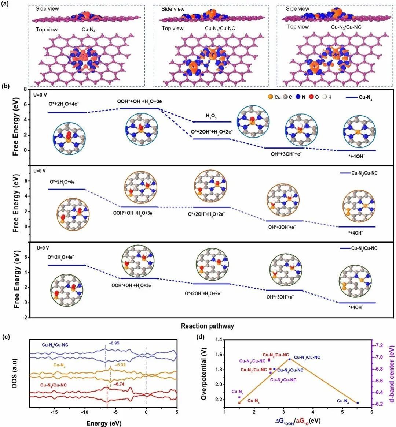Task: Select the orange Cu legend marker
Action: (270, 97)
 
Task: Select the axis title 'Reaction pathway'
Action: (207, 326)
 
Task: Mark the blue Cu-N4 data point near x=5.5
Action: (357, 402)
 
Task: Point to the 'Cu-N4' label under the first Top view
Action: (90, 29)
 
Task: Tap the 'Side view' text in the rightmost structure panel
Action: (297, 9)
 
